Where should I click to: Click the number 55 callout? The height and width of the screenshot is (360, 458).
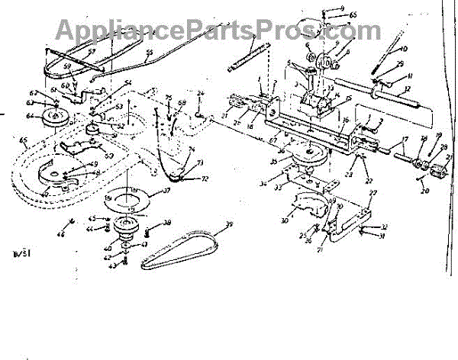(150, 53)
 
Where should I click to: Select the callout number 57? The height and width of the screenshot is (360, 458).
(91, 52)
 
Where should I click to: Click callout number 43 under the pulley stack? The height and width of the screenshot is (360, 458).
(113, 265)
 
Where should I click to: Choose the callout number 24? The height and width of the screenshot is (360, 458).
(201, 95)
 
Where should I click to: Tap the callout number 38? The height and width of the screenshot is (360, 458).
(166, 223)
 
